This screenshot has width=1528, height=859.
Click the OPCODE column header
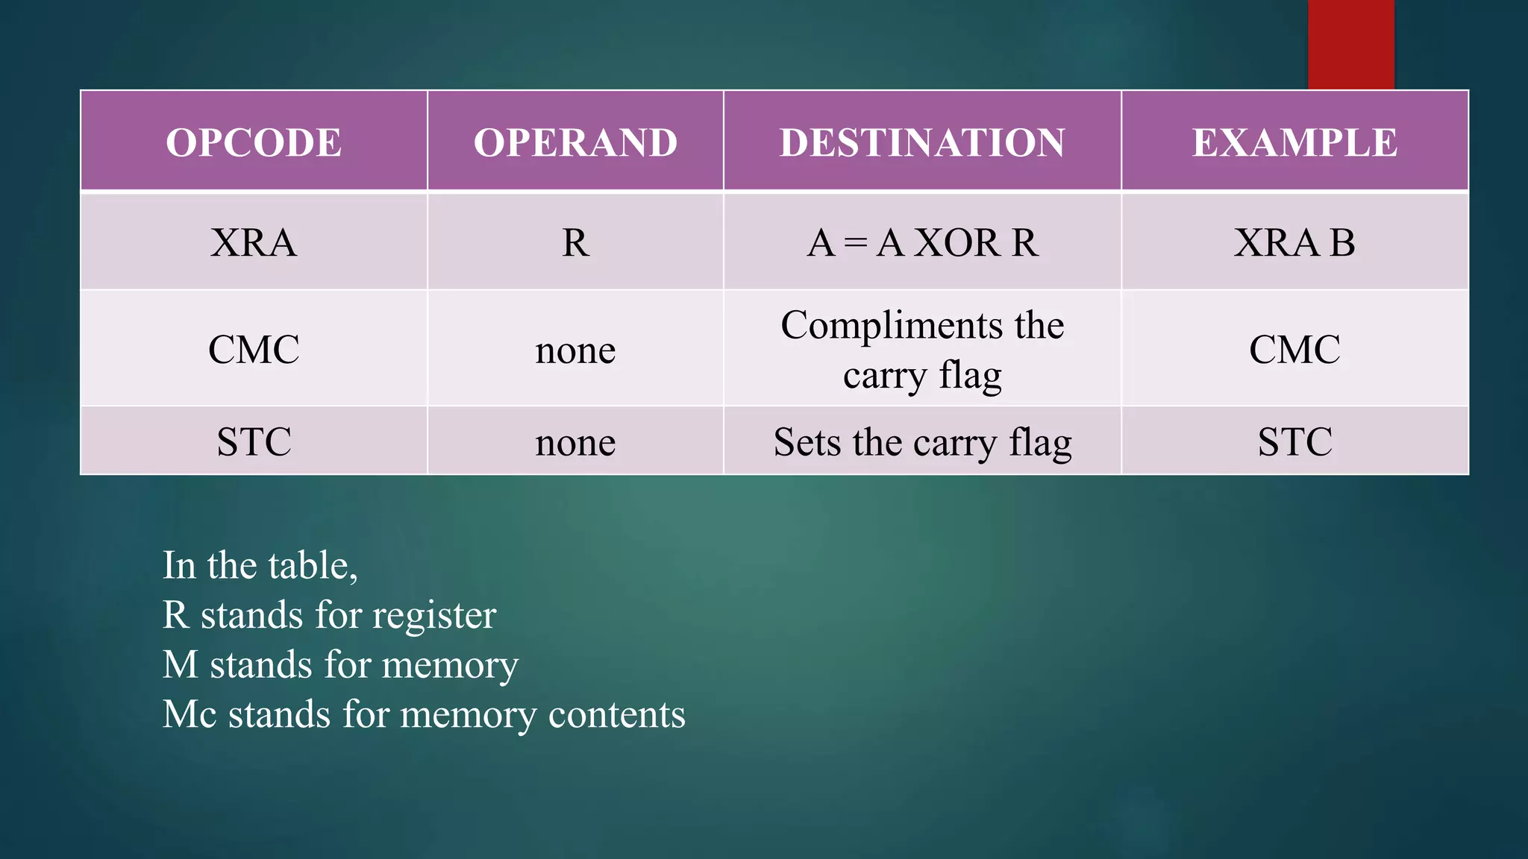(x=254, y=142)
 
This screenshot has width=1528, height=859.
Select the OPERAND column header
(x=575, y=142)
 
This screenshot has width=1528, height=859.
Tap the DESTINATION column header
(x=922, y=142)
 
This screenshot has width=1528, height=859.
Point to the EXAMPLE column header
(x=1294, y=142)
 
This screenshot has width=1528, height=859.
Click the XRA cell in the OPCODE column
(x=254, y=242)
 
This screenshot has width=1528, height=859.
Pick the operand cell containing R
(x=575, y=242)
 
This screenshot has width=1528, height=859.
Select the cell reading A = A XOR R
(x=922, y=242)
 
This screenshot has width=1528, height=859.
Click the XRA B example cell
(x=1294, y=242)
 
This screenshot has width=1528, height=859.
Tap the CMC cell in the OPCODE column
(x=254, y=349)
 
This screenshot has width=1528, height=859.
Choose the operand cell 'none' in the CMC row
(x=575, y=350)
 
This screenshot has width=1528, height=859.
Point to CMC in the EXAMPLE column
(x=1294, y=349)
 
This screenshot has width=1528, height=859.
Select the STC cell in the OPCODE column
(x=254, y=441)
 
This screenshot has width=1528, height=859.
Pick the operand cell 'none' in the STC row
(x=575, y=442)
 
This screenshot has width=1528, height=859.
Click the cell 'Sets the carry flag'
(x=922, y=442)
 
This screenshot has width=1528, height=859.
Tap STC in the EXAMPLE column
(x=1294, y=441)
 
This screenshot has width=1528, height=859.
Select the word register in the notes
(x=433, y=616)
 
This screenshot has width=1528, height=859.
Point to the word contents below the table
(x=616, y=714)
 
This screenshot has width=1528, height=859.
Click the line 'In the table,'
(x=260, y=565)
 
